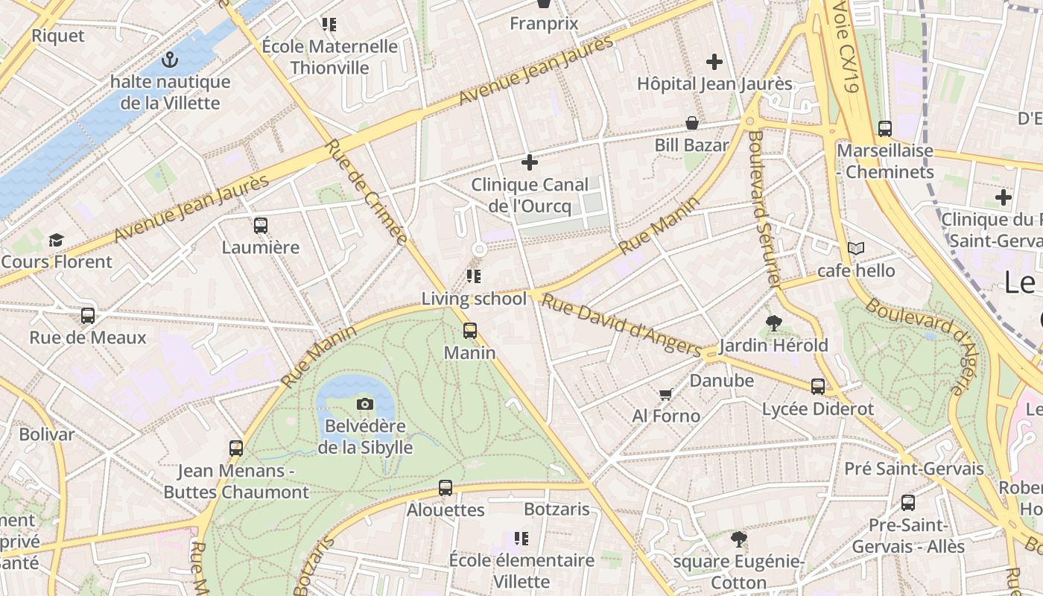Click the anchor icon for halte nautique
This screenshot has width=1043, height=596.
[x=170, y=60]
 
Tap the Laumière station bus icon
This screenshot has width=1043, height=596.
[x=260, y=225]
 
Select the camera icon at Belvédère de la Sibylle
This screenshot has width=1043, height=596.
[x=365, y=404]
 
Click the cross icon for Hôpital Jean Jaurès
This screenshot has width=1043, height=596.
[x=714, y=62]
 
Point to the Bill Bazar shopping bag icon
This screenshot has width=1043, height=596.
[x=692, y=123]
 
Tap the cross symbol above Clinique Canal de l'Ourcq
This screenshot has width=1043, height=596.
[x=530, y=162]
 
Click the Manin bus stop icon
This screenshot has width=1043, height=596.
[x=470, y=330]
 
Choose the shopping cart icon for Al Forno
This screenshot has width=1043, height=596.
[x=665, y=394]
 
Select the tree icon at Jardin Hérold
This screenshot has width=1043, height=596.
[x=773, y=323]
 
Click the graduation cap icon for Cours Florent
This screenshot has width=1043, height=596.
[x=56, y=240]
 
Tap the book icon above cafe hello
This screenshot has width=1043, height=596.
[x=856, y=248]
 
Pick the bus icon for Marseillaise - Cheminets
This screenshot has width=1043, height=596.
[x=884, y=129]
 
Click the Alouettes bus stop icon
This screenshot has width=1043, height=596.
[x=446, y=488]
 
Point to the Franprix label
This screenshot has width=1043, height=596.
[x=544, y=24]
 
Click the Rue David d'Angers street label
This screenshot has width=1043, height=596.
[x=621, y=325]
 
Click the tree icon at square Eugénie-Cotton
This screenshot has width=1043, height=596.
[x=739, y=539]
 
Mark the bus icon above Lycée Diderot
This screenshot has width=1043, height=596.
[x=818, y=386]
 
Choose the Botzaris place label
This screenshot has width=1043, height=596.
[x=557, y=510]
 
